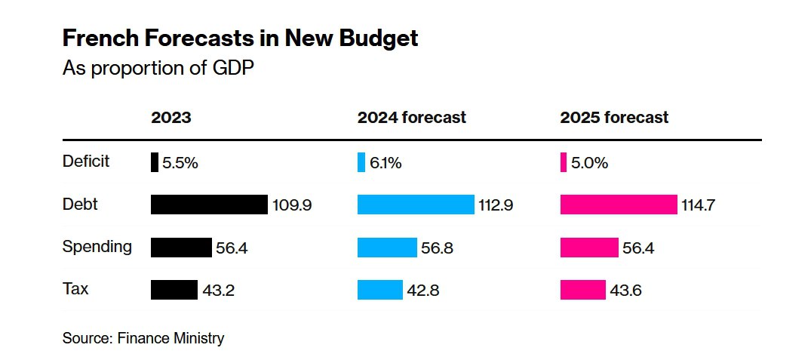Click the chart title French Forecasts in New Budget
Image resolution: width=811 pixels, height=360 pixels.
point(240,39)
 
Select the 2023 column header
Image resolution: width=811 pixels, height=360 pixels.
point(171,118)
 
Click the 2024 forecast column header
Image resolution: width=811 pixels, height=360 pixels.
point(411,118)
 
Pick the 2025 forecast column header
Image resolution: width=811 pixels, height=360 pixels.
point(614,118)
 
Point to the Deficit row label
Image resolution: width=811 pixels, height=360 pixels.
point(86,162)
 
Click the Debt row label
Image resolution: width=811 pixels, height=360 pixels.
point(80,204)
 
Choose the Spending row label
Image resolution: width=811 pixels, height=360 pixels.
point(97,247)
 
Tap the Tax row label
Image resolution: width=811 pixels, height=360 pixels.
point(75,289)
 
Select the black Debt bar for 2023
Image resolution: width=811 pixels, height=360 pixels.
point(209,205)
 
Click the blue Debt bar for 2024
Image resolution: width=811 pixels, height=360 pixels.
point(416,205)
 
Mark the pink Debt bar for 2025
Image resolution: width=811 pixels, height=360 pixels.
point(619,205)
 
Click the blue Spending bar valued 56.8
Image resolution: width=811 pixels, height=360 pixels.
point(387,248)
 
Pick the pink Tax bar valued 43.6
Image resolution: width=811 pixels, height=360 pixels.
point(582,290)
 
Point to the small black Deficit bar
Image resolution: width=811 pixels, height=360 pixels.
point(155,162)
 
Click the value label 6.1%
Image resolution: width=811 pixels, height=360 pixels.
point(385,163)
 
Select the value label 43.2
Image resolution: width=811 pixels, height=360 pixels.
point(218,291)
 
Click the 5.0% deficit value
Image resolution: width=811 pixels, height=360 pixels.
point(588,163)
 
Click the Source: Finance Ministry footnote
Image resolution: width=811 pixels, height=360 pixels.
point(143,338)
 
